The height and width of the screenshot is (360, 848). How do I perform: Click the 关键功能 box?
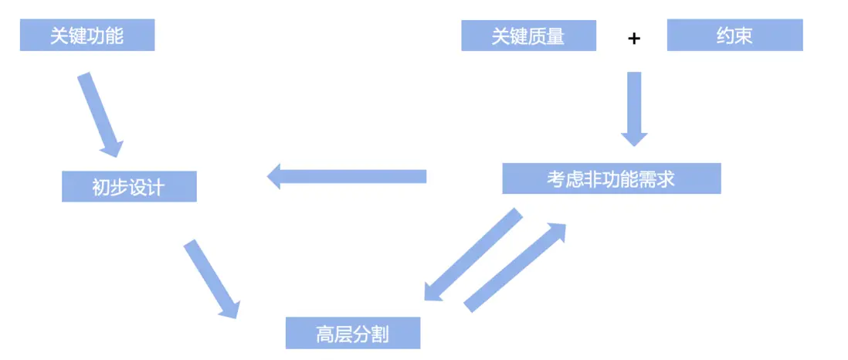pos(87,36)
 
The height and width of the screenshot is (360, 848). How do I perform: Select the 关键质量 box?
pos(528,36)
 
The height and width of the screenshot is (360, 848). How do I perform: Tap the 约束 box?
pos(734,36)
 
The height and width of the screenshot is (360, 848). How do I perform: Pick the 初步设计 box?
pos(129,187)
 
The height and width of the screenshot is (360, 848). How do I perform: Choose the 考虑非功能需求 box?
pos(611,178)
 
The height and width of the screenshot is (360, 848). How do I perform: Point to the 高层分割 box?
pos(353,333)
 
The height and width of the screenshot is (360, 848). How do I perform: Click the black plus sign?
pos(633,39)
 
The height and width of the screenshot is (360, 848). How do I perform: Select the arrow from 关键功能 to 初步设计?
pos(100,114)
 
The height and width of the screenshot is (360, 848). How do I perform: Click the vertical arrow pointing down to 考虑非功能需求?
pos(634,109)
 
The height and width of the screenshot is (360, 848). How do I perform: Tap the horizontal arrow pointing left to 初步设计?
pos(347,176)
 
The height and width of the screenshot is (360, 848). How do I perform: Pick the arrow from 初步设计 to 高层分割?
pos(212,279)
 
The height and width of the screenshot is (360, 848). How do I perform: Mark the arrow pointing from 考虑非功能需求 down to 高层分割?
pos(473,254)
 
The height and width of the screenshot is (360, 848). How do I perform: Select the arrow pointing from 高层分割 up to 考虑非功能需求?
pos(515,267)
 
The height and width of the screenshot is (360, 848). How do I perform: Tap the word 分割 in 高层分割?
pos(370,334)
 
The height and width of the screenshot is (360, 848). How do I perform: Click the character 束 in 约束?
pos(743,36)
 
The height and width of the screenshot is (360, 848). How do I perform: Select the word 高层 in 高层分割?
pos(334,334)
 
